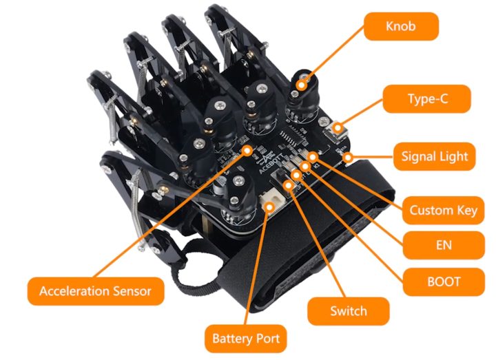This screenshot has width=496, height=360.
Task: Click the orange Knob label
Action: click(401, 28)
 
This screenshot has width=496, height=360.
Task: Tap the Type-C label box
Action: click(427, 99)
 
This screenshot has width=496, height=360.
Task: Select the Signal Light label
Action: click(434, 156)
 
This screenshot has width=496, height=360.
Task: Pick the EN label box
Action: click(444, 245)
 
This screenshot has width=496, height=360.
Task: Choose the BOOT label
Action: click(444, 281)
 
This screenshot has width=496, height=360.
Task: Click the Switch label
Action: click(348, 310)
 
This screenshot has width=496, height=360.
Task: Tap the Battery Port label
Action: click(245, 339)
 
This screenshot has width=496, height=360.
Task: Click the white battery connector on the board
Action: click(271, 205)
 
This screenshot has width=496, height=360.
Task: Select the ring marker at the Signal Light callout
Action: click(349, 158)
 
